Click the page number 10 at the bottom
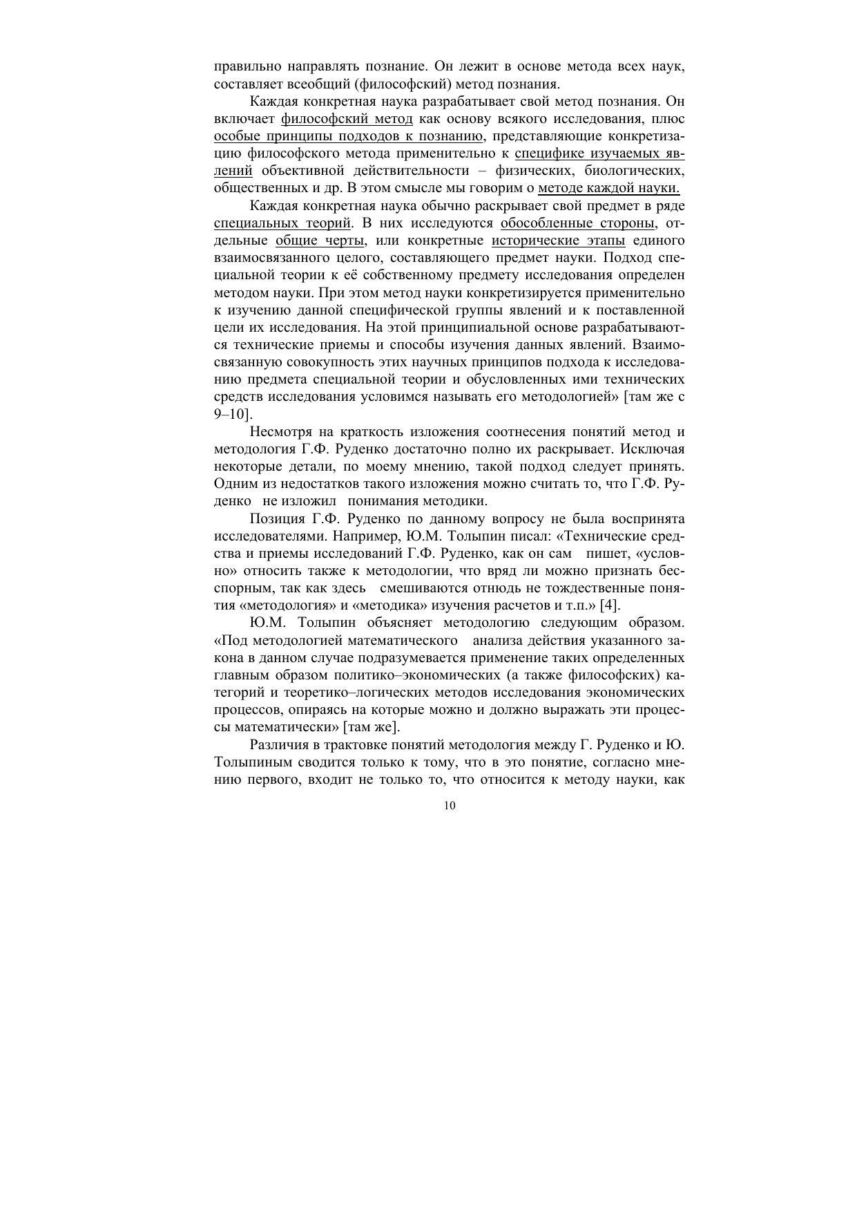450,806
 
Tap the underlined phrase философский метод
347,119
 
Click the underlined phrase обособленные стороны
577,223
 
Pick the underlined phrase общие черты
320,241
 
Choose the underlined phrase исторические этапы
558,241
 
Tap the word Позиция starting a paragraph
276,519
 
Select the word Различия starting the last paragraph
279,745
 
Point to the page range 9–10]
233,415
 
